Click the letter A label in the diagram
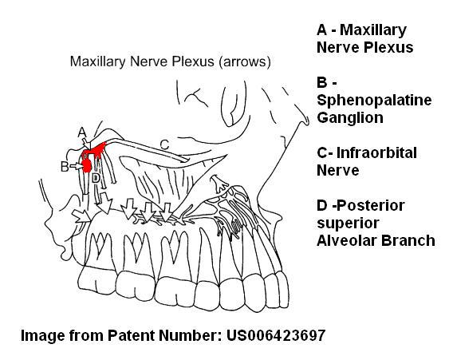[x=82, y=133]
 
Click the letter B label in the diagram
[x=65, y=167]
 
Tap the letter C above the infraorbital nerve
[x=164, y=144]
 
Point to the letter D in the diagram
[x=96, y=178]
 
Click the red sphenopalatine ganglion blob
[x=86, y=165]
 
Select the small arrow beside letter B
[x=76, y=166]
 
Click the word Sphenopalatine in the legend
[x=374, y=101]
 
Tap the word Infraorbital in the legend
[x=376, y=152]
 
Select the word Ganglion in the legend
[x=350, y=118]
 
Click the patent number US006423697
[x=276, y=335]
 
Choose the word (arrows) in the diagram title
[x=245, y=62]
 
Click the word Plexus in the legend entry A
[x=388, y=47]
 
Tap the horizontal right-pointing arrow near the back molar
[x=81, y=216]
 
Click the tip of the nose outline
[x=308, y=121]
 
